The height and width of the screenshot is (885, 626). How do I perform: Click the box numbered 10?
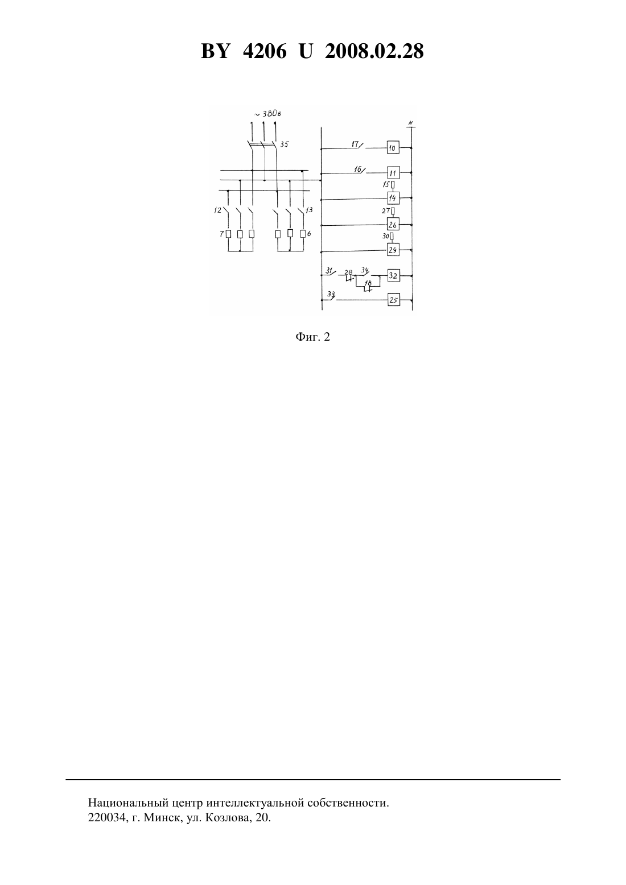393,148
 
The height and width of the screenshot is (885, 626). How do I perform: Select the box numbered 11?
393,173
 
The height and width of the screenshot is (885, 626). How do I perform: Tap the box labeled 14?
393,198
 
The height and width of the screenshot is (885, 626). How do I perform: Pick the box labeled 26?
393,225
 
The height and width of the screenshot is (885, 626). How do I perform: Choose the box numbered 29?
393,250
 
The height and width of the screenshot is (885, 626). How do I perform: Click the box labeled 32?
393,275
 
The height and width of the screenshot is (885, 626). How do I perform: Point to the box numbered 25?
393,300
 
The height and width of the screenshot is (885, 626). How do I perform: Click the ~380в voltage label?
267,114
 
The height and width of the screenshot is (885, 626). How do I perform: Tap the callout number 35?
284,144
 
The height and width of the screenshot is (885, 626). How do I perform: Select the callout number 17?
355,144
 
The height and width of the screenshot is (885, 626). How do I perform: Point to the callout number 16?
357,169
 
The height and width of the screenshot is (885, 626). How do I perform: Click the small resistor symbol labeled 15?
393,184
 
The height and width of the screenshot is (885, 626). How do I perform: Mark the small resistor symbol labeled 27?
393,210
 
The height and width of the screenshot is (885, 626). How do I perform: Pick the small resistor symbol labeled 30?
392,236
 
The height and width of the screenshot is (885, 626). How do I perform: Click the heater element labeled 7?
228,234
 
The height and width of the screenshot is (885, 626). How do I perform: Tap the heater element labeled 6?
303,234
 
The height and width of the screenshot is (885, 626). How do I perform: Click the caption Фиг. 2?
312,337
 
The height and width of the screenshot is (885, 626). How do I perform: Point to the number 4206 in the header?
265,51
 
